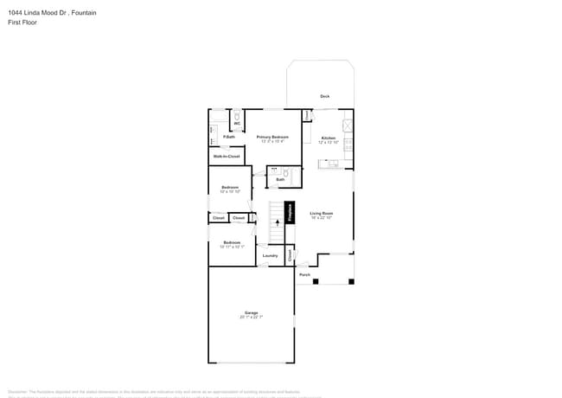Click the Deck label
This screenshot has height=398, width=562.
click(x=324, y=96)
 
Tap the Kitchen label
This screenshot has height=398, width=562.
click(x=329, y=138)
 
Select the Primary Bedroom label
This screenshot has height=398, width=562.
click(x=272, y=137)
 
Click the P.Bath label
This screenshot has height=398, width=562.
click(x=229, y=137)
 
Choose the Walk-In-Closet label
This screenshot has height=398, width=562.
click(x=227, y=157)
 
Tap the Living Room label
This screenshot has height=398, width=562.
click(x=322, y=213)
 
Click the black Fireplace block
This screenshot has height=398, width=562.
click(x=290, y=213)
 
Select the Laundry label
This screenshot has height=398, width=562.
click(x=270, y=255)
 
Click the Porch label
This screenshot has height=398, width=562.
click(x=304, y=275)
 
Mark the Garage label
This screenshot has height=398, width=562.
click(x=251, y=312)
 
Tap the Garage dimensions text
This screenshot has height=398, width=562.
click(x=251, y=318)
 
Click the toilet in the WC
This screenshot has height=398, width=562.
click(x=237, y=114)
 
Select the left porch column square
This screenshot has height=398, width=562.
click(x=316, y=281)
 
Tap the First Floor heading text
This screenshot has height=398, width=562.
click(x=21, y=22)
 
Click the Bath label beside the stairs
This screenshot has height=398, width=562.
click(x=280, y=179)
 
